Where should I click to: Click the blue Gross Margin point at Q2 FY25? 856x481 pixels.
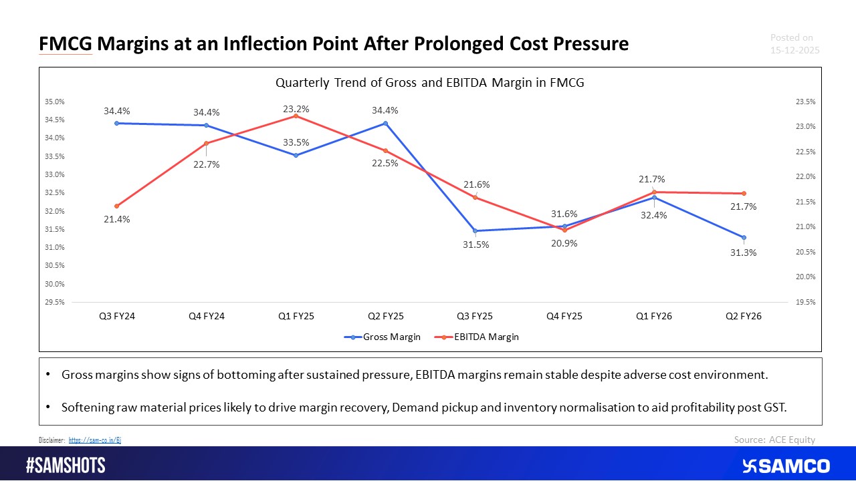pos(385,123)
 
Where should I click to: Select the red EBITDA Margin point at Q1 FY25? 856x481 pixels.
pos(296,116)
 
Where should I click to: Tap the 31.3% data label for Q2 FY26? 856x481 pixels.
pos(744,253)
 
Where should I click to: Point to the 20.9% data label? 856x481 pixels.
pos(564,244)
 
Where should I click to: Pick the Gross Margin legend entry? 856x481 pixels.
pos(383,337)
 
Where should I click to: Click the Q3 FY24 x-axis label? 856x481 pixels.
pos(116,315)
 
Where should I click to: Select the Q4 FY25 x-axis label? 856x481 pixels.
pos(564,315)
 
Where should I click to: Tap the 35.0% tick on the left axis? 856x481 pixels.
pos(55,102)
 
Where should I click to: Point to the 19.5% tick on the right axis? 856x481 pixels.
pos(805,302)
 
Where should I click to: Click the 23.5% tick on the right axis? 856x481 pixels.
pos(805,102)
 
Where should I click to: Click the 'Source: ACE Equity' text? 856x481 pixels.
pos(774,440)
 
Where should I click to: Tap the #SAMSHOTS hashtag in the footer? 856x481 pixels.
pos(66,466)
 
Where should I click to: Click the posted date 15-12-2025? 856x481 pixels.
pos(794,50)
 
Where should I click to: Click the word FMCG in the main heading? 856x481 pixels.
pos(66,44)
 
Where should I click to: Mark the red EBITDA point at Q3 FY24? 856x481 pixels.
pos(116,206)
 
